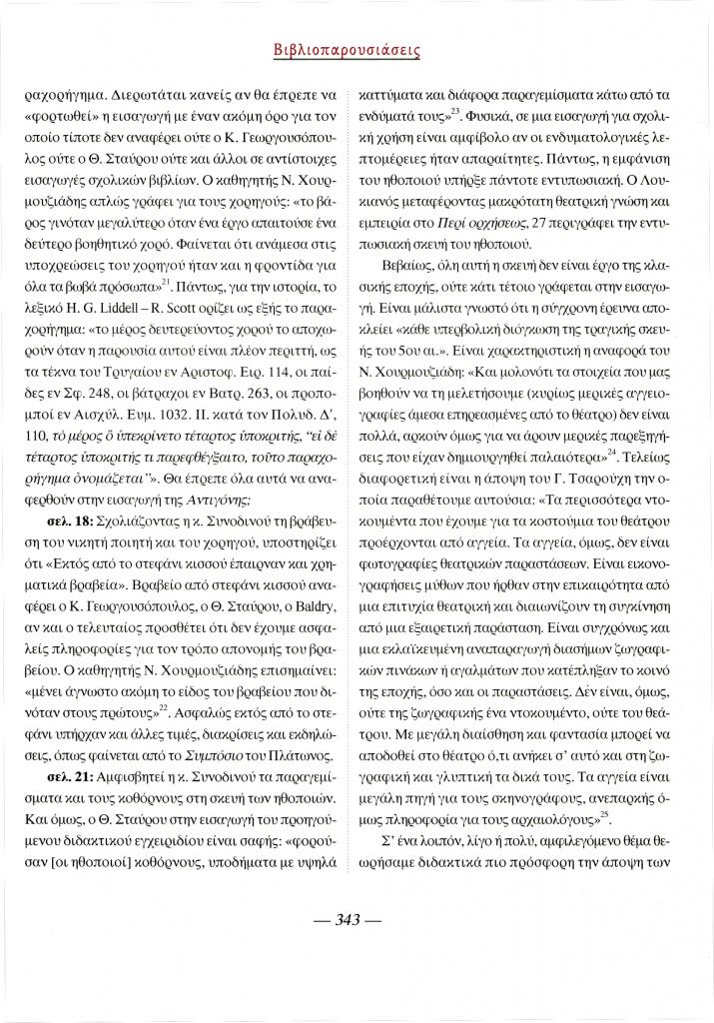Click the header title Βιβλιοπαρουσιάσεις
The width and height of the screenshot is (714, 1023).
(x=357, y=49)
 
